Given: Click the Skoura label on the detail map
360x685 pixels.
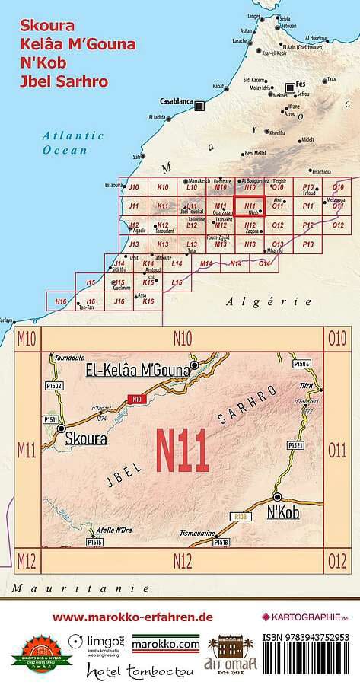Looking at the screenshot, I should click(x=85, y=438).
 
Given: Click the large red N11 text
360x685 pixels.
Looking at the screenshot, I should click(x=182, y=452).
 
